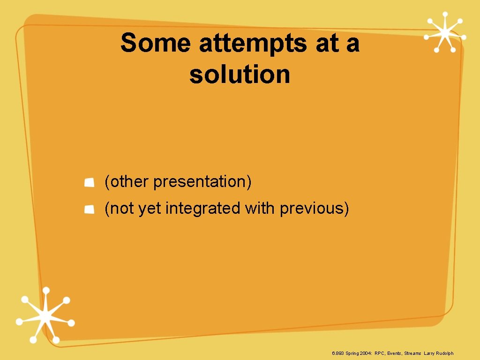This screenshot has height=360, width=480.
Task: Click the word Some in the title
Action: (x=155, y=44)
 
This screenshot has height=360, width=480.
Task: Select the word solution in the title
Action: (x=240, y=75)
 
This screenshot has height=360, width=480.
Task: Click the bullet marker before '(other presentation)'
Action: (x=89, y=182)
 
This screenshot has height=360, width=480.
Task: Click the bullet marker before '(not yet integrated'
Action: (x=89, y=209)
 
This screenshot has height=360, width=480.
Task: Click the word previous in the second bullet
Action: (x=314, y=209)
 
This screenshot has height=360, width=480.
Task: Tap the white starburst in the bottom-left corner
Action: (x=45, y=316)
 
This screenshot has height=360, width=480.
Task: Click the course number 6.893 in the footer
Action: (x=337, y=353)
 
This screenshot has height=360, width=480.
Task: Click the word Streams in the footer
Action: (x=412, y=353)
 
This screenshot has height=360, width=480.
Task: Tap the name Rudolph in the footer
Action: (x=444, y=353)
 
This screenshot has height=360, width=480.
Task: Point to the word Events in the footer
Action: (x=394, y=353)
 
